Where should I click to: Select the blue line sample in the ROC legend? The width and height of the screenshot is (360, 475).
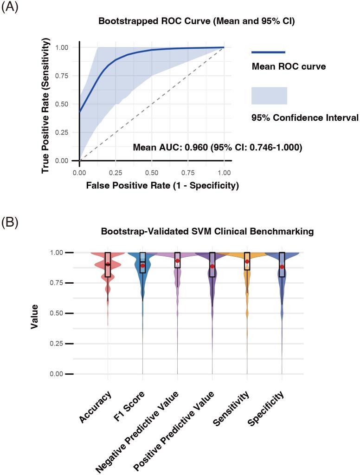coord(268,52)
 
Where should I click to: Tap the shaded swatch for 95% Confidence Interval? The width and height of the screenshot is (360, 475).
coord(269,96)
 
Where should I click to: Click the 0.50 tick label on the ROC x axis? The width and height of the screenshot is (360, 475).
coord(152,172)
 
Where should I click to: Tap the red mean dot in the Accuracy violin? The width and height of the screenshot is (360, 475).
coord(108,264)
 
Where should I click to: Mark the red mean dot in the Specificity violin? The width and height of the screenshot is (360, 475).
coord(282,267)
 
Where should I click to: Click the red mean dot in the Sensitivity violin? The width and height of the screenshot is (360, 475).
coord(247,261)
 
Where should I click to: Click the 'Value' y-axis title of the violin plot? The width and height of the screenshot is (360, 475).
coord(35,317)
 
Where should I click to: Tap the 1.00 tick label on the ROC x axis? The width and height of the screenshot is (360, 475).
coord(224,172)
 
